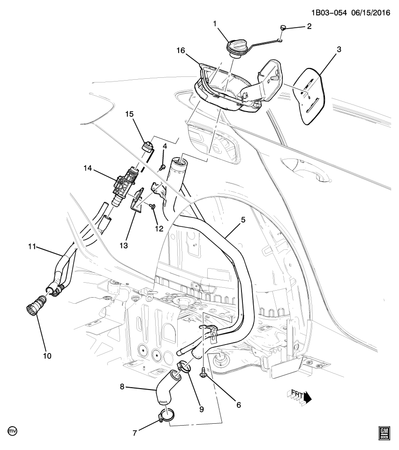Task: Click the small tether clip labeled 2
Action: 283,28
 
